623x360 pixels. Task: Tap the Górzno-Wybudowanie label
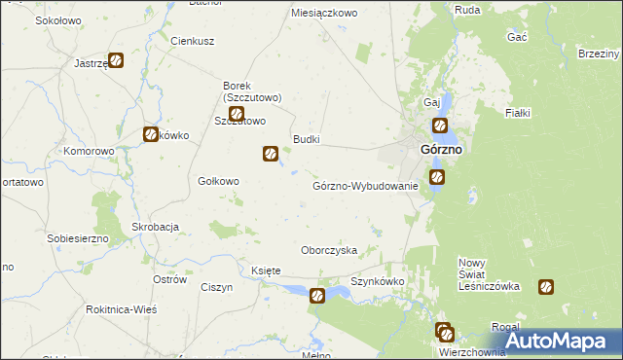(x=365, y=186)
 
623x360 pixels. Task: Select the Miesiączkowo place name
(x=325, y=14)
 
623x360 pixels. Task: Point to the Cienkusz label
(x=192, y=42)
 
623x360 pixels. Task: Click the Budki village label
(x=306, y=140)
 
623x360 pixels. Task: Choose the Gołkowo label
(x=218, y=181)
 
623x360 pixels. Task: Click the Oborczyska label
(x=329, y=250)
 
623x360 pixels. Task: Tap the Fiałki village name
(x=517, y=114)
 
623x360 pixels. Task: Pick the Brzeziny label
(x=599, y=54)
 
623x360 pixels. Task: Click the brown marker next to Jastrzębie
(x=116, y=60)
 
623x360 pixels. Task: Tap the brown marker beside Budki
(x=271, y=153)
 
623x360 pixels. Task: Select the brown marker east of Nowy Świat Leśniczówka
(x=547, y=287)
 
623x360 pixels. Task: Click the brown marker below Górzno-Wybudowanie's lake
(x=317, y=296)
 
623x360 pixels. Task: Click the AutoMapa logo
(x=564, y=340)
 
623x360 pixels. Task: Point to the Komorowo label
(x=90, y=152)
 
